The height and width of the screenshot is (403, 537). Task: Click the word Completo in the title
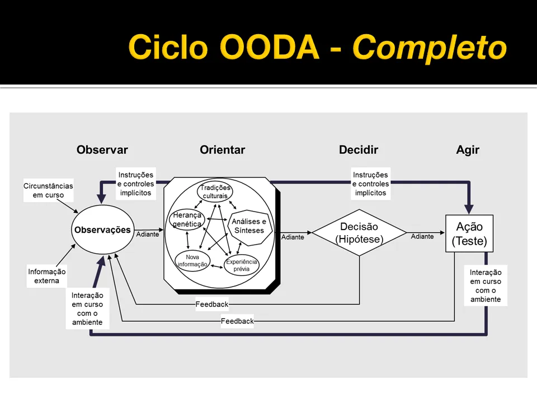pos(429,47)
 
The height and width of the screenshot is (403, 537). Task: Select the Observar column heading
pos(102,150)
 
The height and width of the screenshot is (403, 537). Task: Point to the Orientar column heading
pos(222,150)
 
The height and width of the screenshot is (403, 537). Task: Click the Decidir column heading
pos(358,150)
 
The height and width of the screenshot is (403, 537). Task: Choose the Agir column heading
pos(468,150)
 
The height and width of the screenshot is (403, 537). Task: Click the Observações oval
pos(102,230)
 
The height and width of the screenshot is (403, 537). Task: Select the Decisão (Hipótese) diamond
pos(359,233)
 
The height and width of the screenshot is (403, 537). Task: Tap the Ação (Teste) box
pos(469,234)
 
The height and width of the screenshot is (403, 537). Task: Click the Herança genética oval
pos(187,220)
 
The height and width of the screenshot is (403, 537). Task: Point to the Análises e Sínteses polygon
pos(249,226)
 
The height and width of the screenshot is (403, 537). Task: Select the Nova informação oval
pos(192,261)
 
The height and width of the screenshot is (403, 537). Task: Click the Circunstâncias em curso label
pos(48,191)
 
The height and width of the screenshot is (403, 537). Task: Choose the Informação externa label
pos(46,277)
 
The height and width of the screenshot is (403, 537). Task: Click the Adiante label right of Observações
pos(148,234)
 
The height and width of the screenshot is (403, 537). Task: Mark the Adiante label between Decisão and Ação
pos(422,237)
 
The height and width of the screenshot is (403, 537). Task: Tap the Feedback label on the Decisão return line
pos(212,304)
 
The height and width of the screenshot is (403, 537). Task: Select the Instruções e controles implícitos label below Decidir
pos(370,184)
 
